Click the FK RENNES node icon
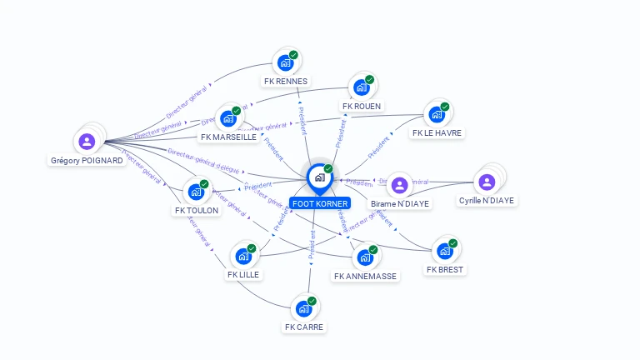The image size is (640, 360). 285,62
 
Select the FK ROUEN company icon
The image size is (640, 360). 361,87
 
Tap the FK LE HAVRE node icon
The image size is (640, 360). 437,114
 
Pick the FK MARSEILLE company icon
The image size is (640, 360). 227,118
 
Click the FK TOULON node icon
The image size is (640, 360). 196,192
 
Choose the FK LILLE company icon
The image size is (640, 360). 243,256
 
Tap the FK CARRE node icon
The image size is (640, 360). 303,308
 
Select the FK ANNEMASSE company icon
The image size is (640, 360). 365,257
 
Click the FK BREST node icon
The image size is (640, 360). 445,251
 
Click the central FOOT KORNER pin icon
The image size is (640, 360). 319,177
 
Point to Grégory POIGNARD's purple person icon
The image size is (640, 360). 87,141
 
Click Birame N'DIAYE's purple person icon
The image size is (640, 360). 399,184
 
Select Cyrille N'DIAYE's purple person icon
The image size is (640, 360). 486,181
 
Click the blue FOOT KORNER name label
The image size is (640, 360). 320,203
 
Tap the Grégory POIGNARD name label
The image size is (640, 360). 87,161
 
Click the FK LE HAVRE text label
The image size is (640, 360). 437,132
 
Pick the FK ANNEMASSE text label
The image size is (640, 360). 366,276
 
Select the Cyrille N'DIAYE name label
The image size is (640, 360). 487,201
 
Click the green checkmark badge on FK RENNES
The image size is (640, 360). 293,55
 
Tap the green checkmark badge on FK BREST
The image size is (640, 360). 453,243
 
